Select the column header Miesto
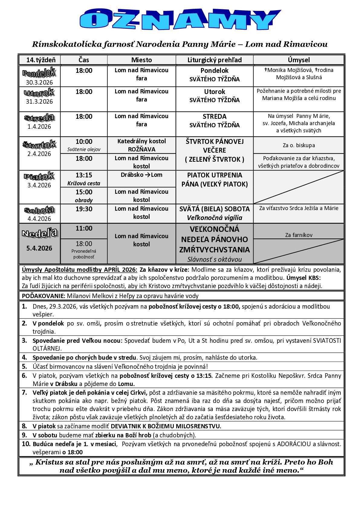coord(141,60)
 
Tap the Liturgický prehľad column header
coord(214,60)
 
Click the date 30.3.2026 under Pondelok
coord(39,82)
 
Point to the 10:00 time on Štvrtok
coord(84,141)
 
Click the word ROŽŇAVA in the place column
coord(141,149)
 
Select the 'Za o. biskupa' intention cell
coord(299,145)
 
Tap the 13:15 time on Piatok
coord(84,175)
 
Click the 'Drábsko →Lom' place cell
coord(141,175)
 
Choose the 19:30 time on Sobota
coord(84,209)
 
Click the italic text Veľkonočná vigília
coord(214,218)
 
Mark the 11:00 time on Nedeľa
coord(84,229)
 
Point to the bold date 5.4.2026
coord(39,248)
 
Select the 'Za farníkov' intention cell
coord(299,235)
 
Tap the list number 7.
coord(24,393)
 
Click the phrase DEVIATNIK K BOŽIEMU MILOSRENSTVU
coord(166,426)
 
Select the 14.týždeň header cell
coord(39,60)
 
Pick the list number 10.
coord(26,444)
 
